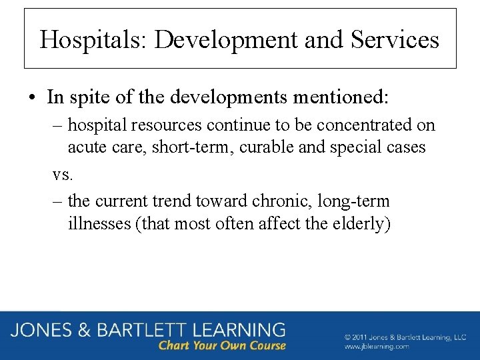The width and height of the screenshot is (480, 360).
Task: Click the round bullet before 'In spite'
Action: tap(33, 97)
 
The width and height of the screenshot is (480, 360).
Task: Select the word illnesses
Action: tap(99, 223)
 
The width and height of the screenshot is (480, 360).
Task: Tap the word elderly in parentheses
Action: tap(359, 223)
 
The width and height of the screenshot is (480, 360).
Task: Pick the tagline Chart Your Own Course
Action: tap(222, 346)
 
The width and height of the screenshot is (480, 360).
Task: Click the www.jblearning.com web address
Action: tap(377, 347)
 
